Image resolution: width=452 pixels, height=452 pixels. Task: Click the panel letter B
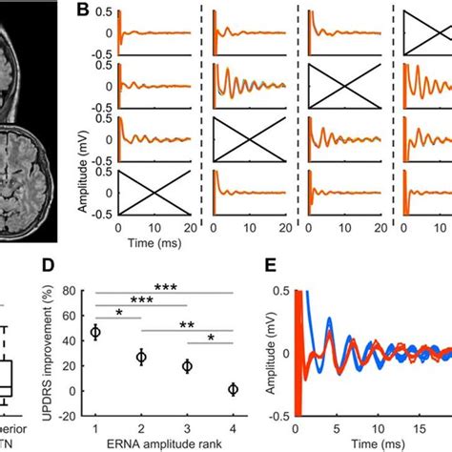84,12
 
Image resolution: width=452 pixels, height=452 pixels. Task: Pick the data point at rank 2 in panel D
140,358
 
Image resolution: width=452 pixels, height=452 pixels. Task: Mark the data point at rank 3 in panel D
187,366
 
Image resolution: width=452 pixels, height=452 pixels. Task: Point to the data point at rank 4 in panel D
234,389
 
